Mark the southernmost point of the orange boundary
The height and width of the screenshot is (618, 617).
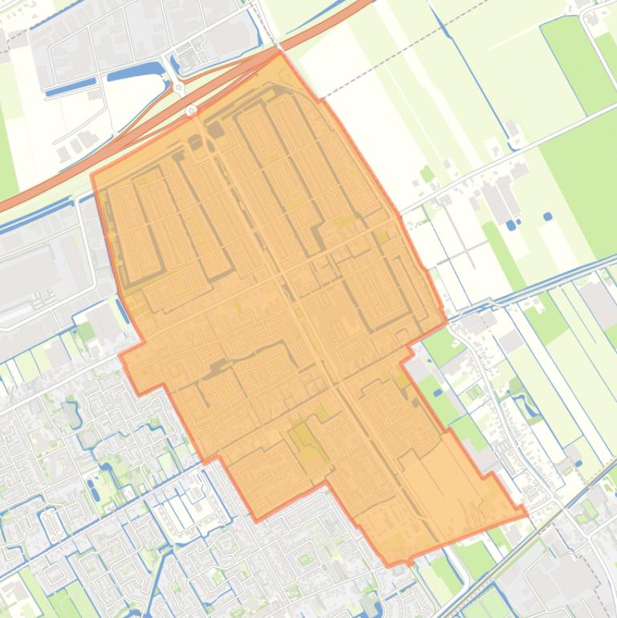pyautogui.click(x=408, y=563)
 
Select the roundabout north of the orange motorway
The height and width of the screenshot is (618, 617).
pyautogui.click(x=178, y=87)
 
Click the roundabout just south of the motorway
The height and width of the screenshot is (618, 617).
pyautogui.click(x=191, y=110)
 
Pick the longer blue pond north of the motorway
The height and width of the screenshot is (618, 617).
pyautogui.click(x=135, y=73)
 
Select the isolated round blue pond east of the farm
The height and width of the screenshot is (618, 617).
pyautogui.click(x=547, y=217)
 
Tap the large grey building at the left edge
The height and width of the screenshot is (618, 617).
pyautogui.click(x=24, y=273)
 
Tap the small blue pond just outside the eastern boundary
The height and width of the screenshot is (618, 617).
pyautogui.click(x=438, y=393)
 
